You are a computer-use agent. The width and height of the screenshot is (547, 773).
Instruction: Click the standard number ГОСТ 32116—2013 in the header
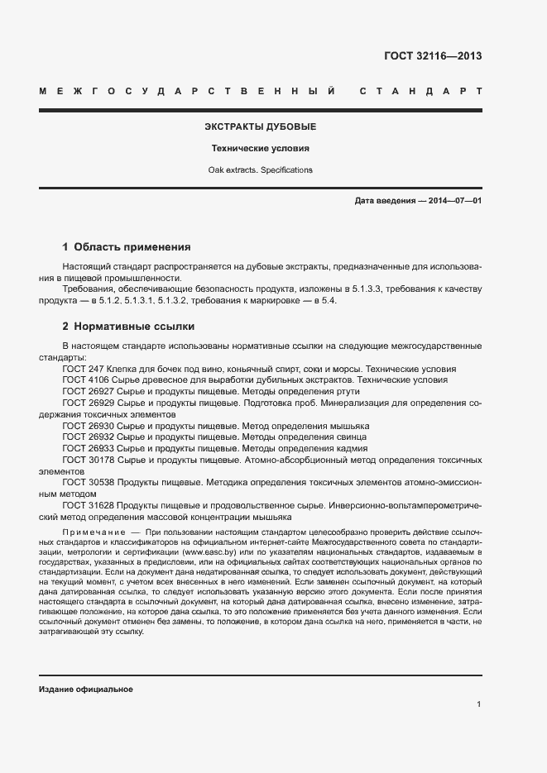433,57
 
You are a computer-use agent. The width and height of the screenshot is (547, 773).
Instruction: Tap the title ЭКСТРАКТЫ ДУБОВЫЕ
260,127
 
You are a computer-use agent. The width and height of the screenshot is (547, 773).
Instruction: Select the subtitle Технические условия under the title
260,149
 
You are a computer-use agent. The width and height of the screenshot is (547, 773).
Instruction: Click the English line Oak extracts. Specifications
260,170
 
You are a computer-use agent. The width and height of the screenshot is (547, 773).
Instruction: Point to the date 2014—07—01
454,201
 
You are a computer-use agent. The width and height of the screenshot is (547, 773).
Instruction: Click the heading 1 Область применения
127,247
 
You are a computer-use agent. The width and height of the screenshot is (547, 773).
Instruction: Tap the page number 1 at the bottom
478,704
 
